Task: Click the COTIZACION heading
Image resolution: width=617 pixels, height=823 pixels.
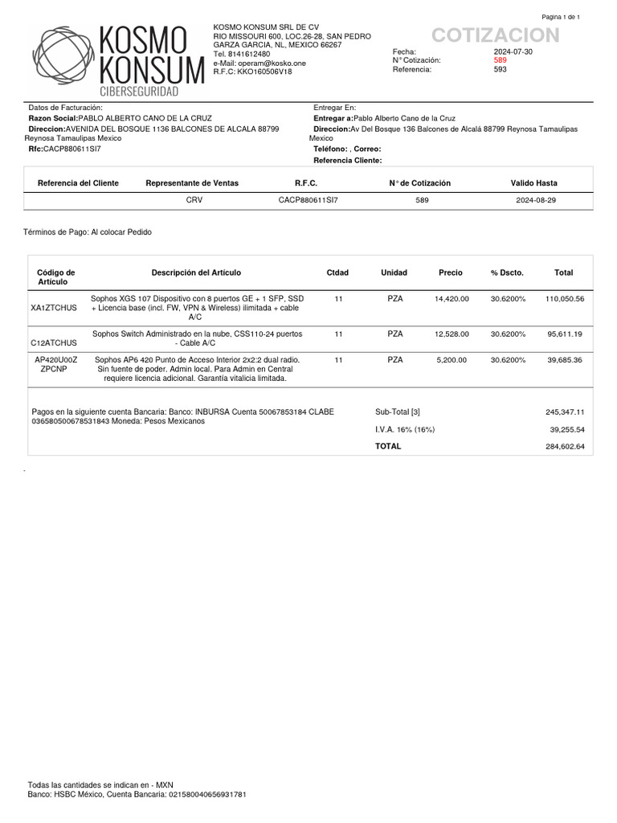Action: (x=495, y=35)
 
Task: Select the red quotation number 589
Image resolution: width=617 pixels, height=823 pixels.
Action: (x=500, y=60)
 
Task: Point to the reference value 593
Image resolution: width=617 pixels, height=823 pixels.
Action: (x=500, y=69)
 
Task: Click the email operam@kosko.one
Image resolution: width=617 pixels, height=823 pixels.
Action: (x=259, y=63)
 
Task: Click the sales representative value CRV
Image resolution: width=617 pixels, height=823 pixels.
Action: (x=194, y=199)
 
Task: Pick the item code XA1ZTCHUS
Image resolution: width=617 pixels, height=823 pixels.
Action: (x=54, y=308)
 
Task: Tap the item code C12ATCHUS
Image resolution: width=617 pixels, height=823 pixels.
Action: (x=54, y=342)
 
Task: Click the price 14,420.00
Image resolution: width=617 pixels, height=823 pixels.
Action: (x=451, y=298)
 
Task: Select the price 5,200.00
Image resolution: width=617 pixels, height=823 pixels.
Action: (x=451, y=360)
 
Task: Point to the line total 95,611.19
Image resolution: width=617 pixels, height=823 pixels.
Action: (x=565, y=333)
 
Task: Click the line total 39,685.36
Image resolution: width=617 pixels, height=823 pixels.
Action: (x=565, y=360)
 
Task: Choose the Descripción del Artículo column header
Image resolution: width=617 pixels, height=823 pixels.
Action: (x=196, y=272)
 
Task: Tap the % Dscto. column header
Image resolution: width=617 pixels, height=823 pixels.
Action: (x=507, y=272)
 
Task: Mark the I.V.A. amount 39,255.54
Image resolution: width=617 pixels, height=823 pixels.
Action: (x=566, y=429)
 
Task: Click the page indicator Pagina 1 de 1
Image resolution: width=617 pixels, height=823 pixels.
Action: (x=561, y=17)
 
